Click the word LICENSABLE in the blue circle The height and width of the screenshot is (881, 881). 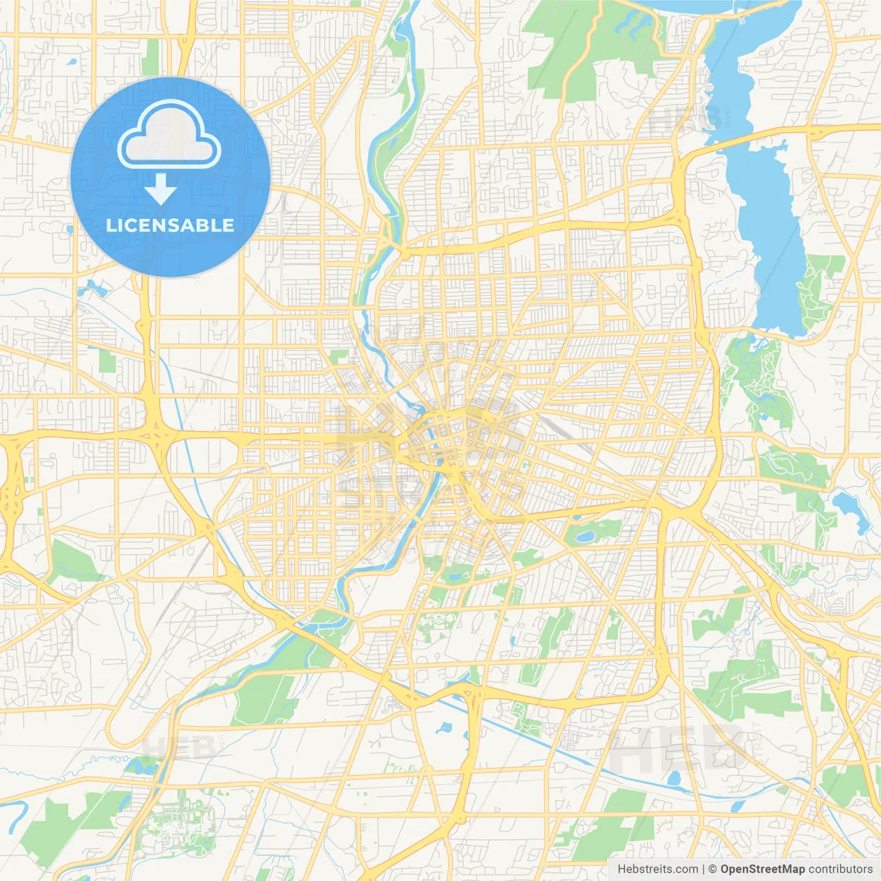point(170,225)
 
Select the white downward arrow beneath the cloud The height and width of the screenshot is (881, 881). point(161,189)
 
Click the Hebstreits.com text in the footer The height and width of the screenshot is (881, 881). point(658,869)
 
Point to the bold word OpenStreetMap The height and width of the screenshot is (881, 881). point(762,869)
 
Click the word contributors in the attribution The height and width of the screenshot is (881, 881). point(840,869)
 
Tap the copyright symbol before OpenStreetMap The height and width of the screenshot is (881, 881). point(713,869)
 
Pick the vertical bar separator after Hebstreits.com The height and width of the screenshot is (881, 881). point(703,869)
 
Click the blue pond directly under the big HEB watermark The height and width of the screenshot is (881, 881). point(674,779)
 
